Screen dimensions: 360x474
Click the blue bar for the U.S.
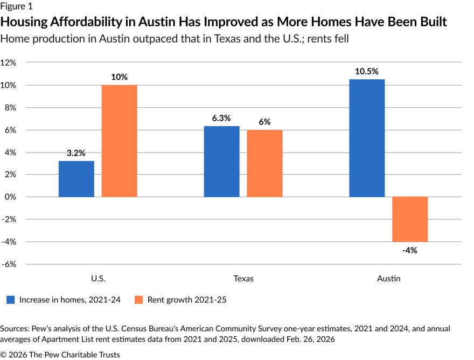(76, 179)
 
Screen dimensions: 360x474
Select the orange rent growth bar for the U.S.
(119, 141)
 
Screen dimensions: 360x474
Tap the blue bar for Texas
(221, 162)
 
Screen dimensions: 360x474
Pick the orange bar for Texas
(264, 163)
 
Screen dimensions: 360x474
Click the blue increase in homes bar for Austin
(367, 138)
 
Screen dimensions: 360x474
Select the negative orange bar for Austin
(410, 219)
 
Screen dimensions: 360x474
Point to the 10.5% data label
(367, 71)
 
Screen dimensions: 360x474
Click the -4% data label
(410, 250)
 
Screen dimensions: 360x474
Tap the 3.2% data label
(76, 153)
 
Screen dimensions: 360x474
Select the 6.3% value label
(221, 118)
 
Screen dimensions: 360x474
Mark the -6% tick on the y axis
(9, 264)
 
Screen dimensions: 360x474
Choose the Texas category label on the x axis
(243, 279)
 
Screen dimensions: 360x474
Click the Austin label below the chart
(389, 279)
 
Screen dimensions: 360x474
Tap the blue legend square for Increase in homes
(10, 300)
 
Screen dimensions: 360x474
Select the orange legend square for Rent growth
(138, 300)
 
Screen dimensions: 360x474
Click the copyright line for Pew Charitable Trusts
(60, 354)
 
